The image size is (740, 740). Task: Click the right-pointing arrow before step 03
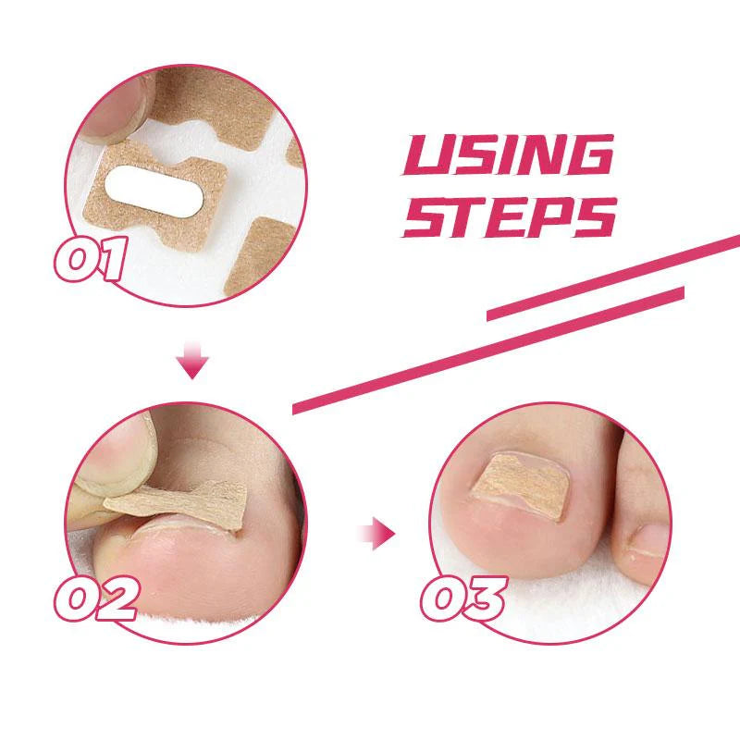(x=377, y=534)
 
